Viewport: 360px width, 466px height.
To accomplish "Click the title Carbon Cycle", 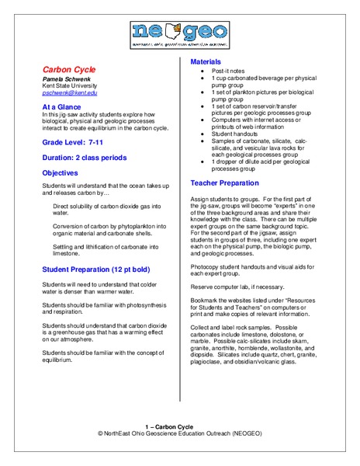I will click(68, 69).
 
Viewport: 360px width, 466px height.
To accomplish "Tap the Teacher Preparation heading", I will click(230, 183).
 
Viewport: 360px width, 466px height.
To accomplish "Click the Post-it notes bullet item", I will click(230, 71).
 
